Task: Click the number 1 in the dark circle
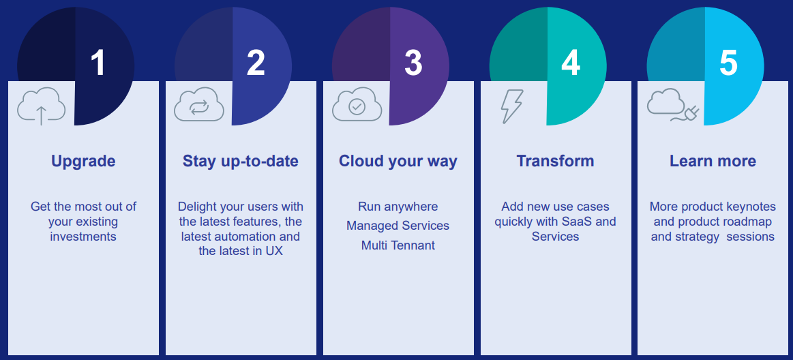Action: pos(98,63)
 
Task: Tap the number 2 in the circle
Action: pos(256,63)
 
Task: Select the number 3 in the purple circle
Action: pos(413,63)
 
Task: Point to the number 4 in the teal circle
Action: pos(571,63)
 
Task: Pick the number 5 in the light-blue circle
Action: pos(728,63)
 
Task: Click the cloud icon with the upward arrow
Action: pos(41,106)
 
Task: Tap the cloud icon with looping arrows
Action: pos(198,104)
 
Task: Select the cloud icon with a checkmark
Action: pos(357,104)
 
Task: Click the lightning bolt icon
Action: pos(512,106)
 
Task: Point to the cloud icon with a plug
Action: pos(673,105)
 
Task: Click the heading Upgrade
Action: pos(83,162)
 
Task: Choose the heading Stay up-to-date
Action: pos(241,162)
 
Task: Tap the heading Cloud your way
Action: pos(398,162)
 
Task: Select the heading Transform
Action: pos(555,161)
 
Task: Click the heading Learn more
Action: pos(713,162)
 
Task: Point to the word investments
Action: pos(83,237)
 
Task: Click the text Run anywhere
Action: pos(398,207)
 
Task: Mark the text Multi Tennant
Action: pos(398,245)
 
